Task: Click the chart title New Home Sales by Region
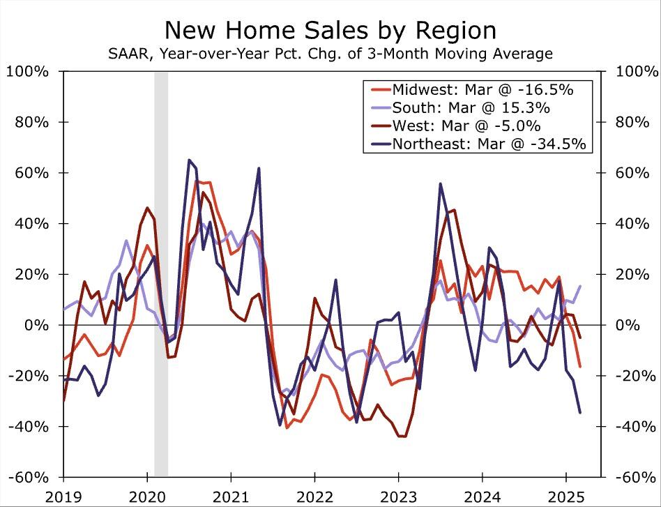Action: [330, 30]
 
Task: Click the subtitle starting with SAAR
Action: [330, 54]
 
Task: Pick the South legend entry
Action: [471, 107]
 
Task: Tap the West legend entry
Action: [466, 126]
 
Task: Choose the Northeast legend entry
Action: [488, 144]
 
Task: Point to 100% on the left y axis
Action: [28, 72]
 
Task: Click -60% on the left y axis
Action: [28, 477]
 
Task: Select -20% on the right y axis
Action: [636, 376]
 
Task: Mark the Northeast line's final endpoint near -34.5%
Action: [580, 412]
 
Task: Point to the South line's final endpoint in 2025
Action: [580, 286]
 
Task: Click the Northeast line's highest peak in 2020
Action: [189, 160]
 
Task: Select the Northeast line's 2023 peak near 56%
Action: [440, 183]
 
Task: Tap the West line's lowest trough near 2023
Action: [401, 436]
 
